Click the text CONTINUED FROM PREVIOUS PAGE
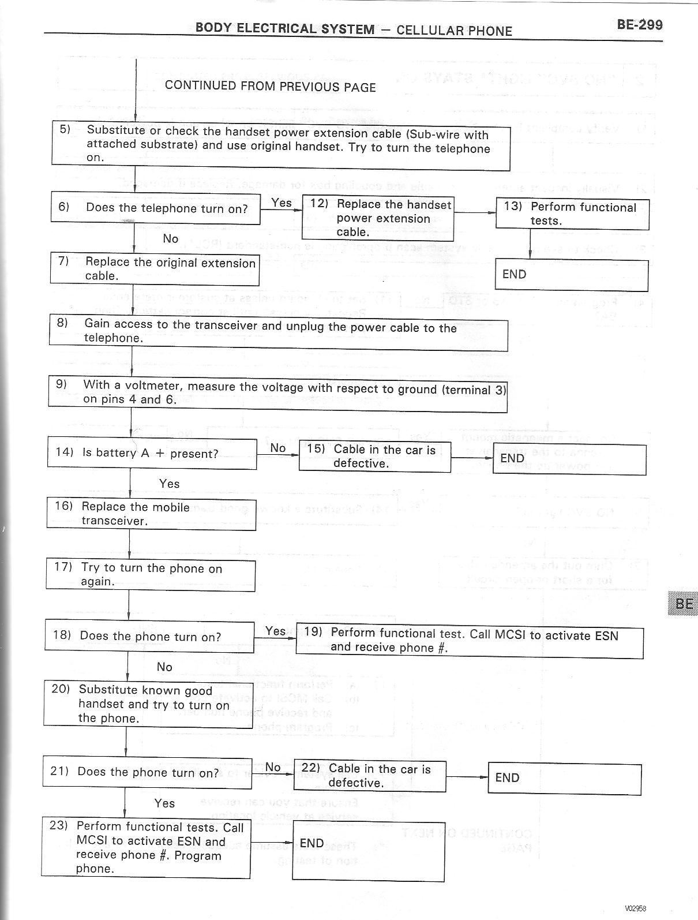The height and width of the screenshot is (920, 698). [x=270, y=87]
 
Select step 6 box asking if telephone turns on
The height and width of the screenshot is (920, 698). [x=155, y=208]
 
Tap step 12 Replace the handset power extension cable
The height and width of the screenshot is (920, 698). [x=377, y=218]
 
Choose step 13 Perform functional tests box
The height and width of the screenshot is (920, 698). [x=572, y=214]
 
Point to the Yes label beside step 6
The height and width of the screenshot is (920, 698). [x=282, y=203]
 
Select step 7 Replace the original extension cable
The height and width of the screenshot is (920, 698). [x=154, y=269]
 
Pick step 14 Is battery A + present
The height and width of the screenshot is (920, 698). [x=152, y=453]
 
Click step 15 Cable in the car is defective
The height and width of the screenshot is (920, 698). [x=374, y=457]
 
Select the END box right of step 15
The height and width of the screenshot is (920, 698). [x=569, y=459]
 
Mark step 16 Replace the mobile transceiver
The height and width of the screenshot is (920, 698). [x=151, y=514]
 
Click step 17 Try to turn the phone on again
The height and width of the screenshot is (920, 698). [x=151, y=575]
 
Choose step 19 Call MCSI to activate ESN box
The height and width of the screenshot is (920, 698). [x=469, y=641]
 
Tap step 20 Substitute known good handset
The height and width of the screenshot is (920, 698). [x=148, y=704]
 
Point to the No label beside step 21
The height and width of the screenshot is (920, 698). [x=273, y=767]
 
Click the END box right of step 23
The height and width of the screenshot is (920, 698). [x=369, y=851]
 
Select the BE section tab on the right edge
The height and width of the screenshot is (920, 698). [x=684, y=604]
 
